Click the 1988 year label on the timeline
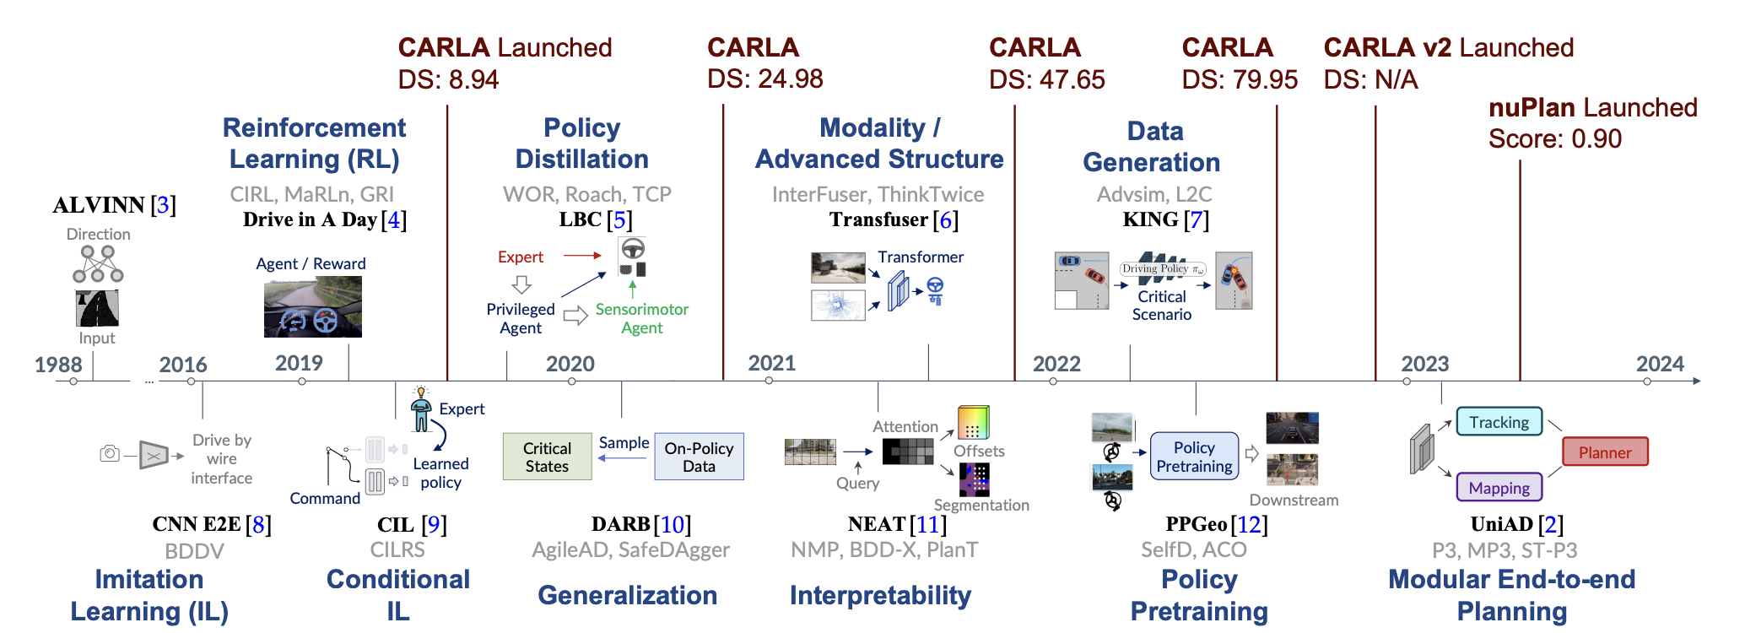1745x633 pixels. [x=58, y=365]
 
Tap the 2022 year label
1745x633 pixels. [x=1056, y=364]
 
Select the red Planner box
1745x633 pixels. [x=1604, y=452]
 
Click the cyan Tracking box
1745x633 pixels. [x=1499, y=422]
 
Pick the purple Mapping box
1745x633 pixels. [x=1499, y=488]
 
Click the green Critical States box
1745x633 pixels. [x=547, y=457]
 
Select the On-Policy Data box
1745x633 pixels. [x=699, y=457]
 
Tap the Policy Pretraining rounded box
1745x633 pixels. [x=1194, y=457]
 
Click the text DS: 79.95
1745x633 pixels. [x=1239, y=79]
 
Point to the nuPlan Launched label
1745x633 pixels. [x=1592, y=108]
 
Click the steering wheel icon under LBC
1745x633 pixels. [x=633, y=249]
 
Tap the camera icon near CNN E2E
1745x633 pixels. [x=110, y=454]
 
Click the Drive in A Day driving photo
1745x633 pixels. [x=312, y=307]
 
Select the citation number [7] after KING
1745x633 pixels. [x=1197, y=219]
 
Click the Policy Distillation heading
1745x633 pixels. [x=581, y=143]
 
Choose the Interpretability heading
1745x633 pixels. [x=880, y=595]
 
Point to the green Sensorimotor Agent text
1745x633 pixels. [x=641, y=318]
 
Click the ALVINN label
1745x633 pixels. [x=99, y=205]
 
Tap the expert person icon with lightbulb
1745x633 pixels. [x=421, y=410]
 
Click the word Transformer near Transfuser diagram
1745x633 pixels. [x=920, y=257]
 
